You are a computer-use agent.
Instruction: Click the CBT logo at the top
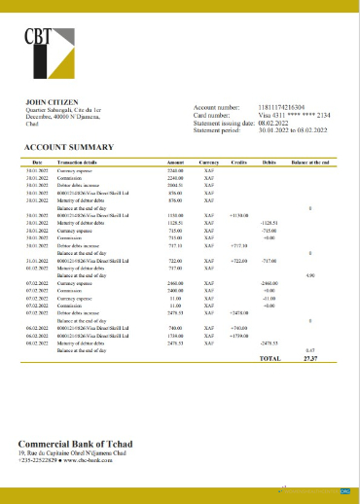pos(49,54)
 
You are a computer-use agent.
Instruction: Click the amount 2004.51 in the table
pos(175,184)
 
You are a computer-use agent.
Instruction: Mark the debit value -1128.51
pos(270,222)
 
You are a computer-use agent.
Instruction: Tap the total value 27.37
pos(310,358)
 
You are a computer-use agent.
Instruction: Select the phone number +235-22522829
pos(39,460)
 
